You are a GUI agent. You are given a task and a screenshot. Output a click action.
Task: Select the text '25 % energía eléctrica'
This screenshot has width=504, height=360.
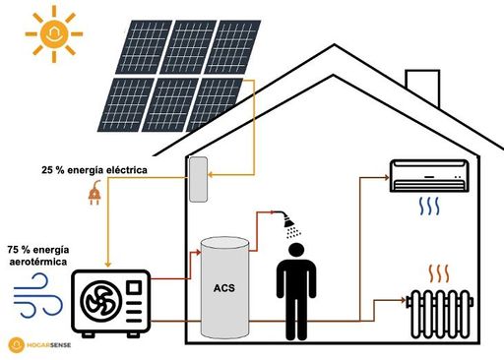pyautogui.click(x=94, y=170)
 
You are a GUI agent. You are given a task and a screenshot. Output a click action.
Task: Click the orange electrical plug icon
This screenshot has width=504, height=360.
pyautogui.click(x=94, y=195)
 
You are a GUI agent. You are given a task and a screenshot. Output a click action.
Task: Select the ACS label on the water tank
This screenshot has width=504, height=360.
pyautogui.click(x=224, y=288)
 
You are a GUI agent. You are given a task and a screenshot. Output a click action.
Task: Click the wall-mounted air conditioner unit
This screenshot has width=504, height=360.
pyautogui.click(x=429, y=176)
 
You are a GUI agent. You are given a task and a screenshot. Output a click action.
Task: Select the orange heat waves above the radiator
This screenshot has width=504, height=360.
pyautogui.click(x=437, y=272)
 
